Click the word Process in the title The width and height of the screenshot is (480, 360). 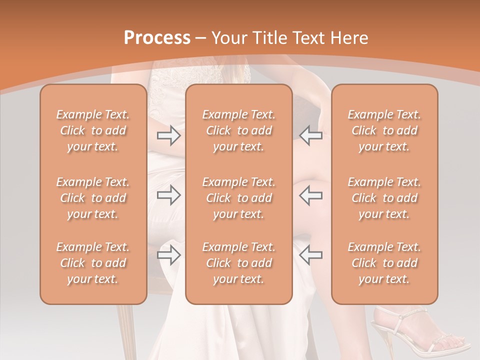(157, 38)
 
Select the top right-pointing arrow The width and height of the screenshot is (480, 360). (169, 135)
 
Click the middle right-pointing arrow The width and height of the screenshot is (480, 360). (169, 195)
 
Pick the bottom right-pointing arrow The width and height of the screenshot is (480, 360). (169, 255)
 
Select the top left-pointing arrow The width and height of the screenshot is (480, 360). (311, 135)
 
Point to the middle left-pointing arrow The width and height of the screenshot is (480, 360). (311, 195)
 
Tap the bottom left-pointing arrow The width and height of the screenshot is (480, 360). (311, 255)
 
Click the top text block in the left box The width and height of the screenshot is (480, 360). (93, 130)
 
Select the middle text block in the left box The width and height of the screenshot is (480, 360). (93, 198)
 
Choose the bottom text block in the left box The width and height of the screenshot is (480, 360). (93, 263)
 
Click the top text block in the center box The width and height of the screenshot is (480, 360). (239, 130)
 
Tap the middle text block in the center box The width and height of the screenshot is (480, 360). (239, 198)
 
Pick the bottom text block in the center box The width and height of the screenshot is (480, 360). (239, 263)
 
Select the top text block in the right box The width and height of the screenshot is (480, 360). (384, 130)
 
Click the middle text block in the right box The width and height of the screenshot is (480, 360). (384, 198)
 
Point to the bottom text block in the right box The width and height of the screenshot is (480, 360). (384, 263)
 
